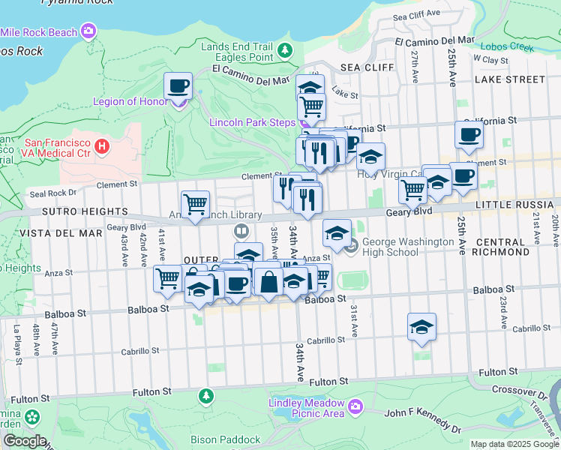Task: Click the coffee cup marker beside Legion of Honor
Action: [178, 86]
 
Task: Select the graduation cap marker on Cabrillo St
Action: [421, 327]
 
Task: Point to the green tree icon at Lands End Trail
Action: [284, 50]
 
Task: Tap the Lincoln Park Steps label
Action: [252, 122]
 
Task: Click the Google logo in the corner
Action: [24, 441]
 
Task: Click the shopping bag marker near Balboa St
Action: [268, 282]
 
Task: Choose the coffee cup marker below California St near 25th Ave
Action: [469, 135]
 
